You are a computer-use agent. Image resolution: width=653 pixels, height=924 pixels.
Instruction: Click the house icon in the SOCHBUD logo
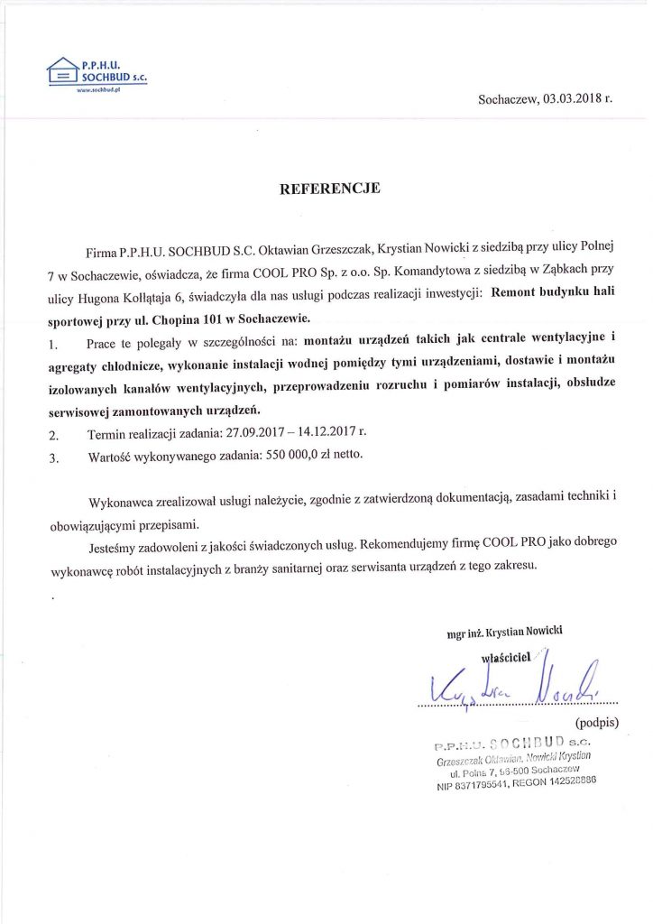62,71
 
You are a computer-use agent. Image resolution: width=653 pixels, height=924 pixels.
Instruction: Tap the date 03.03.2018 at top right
571,99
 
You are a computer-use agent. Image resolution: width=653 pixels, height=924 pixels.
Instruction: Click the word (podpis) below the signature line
596,721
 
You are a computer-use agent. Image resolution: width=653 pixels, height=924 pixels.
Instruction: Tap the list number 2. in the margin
54,434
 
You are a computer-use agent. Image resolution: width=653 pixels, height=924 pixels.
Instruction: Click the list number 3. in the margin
54,457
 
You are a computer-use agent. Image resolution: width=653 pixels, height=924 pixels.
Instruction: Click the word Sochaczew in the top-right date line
508,99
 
